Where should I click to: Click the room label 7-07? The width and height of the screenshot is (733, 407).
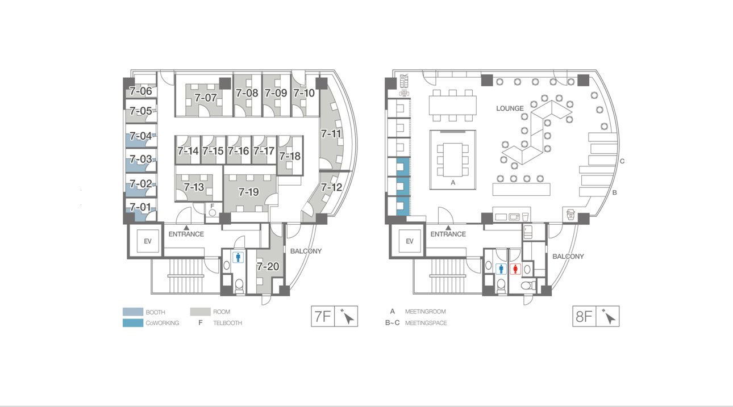(x=206, y=98)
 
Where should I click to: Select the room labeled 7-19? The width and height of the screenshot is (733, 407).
(x=249, y=192)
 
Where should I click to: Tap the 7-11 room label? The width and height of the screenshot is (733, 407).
(x=331, y=134)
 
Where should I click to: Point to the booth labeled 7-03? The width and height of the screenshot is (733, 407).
(x=141, y=159)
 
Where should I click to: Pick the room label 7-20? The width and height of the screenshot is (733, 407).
(x=268, y=266)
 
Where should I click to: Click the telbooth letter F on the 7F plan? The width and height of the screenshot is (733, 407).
(x=212, y=206)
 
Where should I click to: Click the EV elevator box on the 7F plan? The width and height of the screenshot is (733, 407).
(x=148, y=241)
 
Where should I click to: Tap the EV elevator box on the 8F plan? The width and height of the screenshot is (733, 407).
(x=409, y=241)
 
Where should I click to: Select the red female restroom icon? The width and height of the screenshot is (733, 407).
(x=515, y=269)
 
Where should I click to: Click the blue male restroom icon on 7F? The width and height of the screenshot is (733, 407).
(x=238, y=257)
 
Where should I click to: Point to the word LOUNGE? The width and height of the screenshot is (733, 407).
(x=510, y=108)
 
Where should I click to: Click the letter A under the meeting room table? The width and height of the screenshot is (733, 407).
(x=453, y=182)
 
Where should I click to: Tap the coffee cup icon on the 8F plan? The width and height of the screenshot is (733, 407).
(x=570, y=215)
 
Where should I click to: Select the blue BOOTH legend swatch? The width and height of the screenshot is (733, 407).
(x=133, y=312)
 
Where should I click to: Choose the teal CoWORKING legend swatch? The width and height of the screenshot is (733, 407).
(x=133, y=323)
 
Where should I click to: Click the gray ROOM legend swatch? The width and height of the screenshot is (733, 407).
(x=200, y=312)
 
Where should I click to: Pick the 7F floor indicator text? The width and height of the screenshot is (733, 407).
(x=323, y=316)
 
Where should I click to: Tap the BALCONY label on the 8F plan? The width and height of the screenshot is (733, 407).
(x=568, y=257)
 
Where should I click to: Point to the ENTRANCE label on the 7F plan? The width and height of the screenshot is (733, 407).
(x=186, y=234)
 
